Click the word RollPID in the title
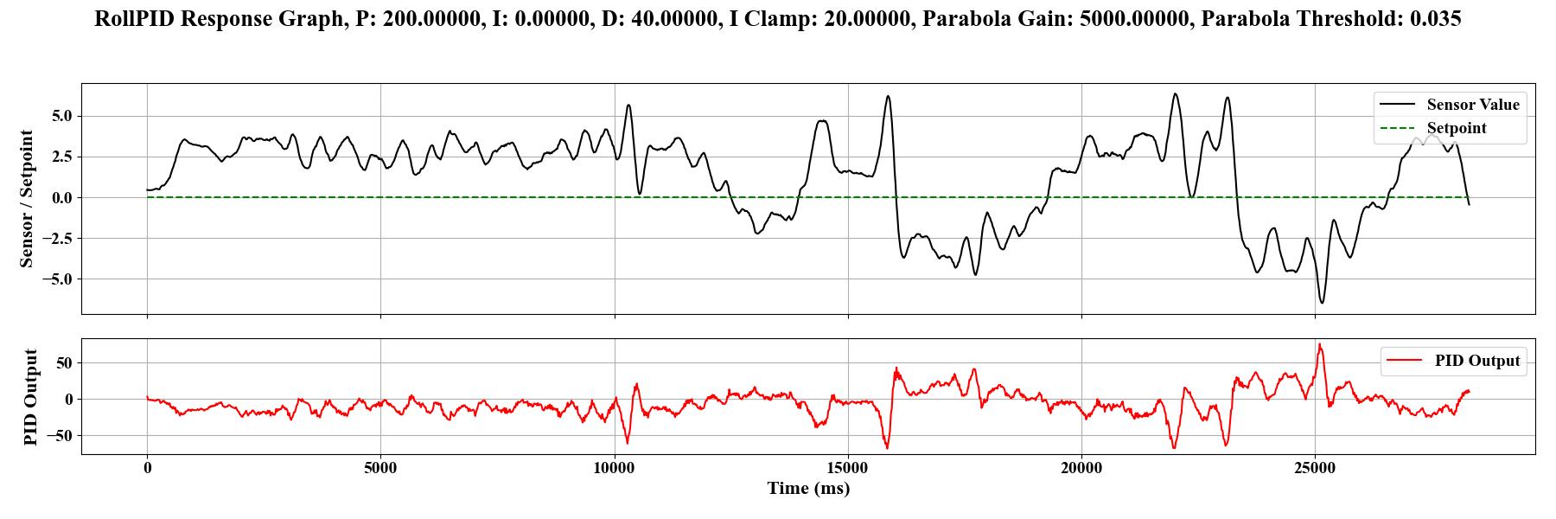click(x=134, y=19)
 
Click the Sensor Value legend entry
click(x=1472, y=105)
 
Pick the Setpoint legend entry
click(x=1456, y=128)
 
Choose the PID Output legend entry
click(x=1476, y=361)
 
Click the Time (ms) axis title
click(x=808, y=489)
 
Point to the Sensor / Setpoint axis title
click(x=27, y=198)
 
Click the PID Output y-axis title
click(x=31, y=397)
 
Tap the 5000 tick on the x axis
click(x=380, y=469)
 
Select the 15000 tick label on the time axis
click(x=847, y=469)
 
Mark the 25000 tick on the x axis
click(x=1315, y=469)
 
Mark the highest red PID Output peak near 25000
click(x=1319, y=344)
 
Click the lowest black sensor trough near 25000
click(x=1322, y=302)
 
